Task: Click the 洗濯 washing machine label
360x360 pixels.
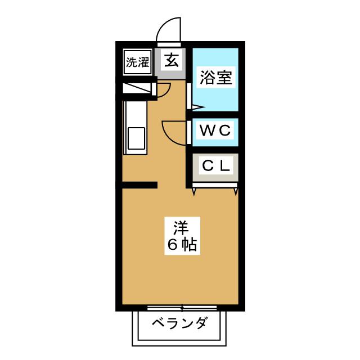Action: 137,62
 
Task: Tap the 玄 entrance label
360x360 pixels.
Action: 172,60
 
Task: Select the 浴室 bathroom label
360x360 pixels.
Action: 216,78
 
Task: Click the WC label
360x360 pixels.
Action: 215,130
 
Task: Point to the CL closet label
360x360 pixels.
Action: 216,165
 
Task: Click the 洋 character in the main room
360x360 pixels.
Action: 181,228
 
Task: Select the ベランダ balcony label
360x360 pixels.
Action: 180,323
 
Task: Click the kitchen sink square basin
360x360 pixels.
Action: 136,138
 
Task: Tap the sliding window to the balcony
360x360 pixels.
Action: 182,308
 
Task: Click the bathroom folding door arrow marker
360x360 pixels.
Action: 198,107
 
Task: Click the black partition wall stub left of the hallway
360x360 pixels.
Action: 139,185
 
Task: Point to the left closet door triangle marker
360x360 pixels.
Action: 194,192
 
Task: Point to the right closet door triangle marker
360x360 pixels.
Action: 236,192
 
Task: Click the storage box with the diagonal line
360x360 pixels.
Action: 137,88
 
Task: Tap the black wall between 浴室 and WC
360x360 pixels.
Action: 215,115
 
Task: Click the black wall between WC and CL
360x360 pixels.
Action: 215,150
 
